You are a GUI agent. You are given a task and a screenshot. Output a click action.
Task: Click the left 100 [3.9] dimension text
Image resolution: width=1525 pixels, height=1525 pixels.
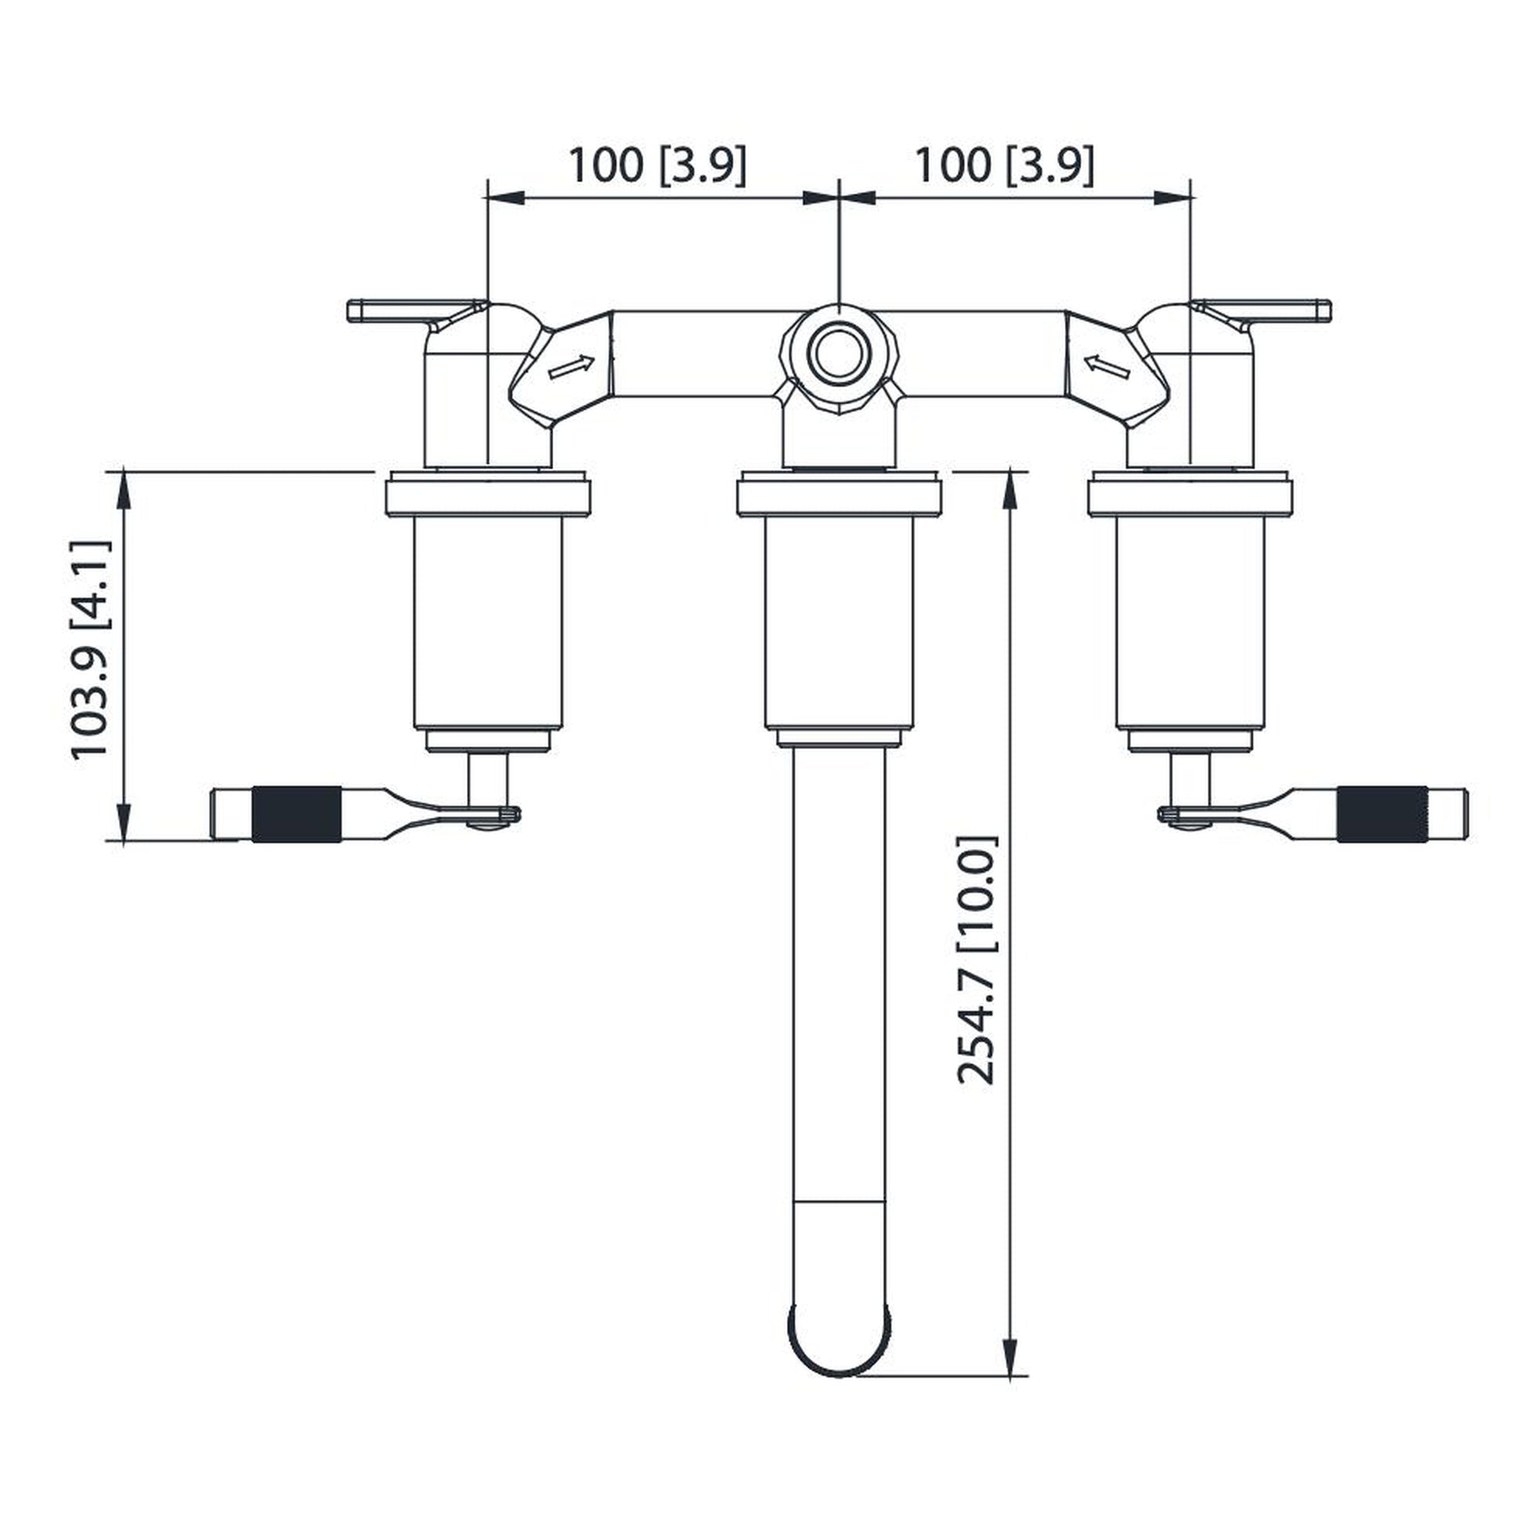657,165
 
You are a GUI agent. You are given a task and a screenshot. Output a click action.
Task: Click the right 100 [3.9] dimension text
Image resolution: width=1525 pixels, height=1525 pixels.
1004,165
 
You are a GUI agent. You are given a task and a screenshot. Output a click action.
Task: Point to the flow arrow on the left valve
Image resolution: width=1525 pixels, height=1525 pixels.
571,366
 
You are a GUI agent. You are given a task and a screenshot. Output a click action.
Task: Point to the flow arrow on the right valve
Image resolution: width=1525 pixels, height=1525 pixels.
1107,366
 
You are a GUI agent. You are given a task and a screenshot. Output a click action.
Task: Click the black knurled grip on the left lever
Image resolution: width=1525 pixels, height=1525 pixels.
296,813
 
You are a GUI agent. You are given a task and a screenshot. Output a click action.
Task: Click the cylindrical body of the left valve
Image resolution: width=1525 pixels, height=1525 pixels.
487,624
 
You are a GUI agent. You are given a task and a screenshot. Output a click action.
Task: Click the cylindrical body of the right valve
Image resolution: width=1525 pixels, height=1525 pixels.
1190,624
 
